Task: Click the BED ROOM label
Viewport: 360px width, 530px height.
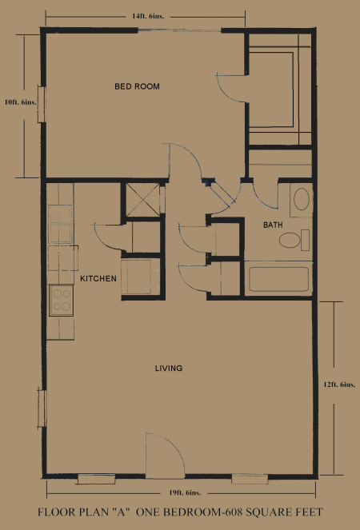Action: click(137, 86)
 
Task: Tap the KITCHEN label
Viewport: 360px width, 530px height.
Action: click(98, 279)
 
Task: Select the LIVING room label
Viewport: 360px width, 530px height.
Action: click(169, 368)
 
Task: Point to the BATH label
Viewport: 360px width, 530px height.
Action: click(273, 225)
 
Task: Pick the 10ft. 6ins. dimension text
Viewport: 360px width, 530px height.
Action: click(20, 102)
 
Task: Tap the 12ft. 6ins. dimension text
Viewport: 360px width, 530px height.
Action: click(339, 385)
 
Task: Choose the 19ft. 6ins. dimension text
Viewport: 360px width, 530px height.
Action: click(185, 492)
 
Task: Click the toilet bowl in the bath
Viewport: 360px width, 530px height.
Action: click(290, 240)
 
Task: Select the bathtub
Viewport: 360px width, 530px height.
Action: click(278, 279)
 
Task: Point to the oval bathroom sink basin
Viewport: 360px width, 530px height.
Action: click(301, 199)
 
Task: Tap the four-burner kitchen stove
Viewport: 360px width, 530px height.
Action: click(62, 301)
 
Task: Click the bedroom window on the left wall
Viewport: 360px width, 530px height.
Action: click(42, 105)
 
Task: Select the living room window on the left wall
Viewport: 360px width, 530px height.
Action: click(42, 408)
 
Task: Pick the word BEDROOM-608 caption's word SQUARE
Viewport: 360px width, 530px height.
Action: click(268, 512)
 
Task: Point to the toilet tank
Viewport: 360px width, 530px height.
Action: click(305, 240)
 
